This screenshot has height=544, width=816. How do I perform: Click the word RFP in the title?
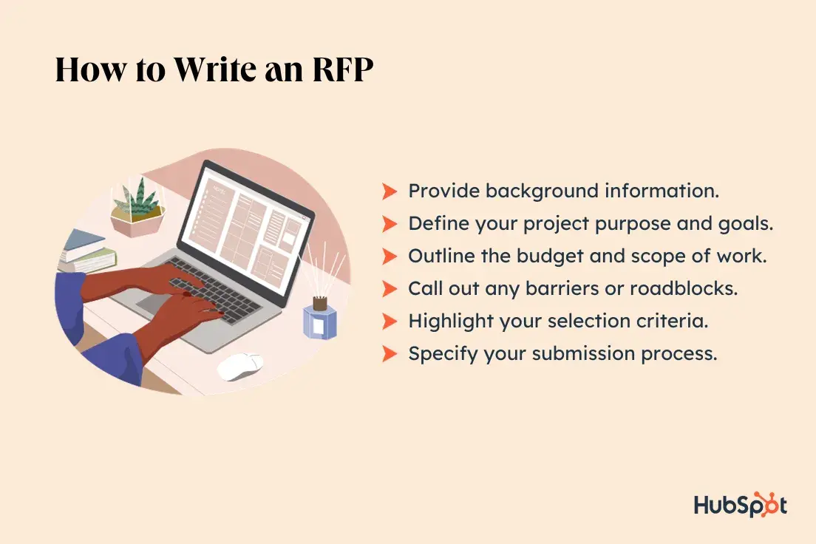pyautogui.click(x=343, y=69)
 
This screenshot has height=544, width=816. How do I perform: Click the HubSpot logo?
pyautogui.click(x=740, y=504)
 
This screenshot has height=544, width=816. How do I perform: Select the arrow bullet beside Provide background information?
pyautogui.click(x=390, y=191)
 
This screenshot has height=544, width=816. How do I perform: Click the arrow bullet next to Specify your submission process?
pyautogui.click(x=390, y=353)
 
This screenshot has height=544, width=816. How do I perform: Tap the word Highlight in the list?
pyautogui.click(x=451, y=322)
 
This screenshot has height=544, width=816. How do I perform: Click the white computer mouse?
pyautogui.click(x=240, y=365)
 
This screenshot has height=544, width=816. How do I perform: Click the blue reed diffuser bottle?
pyautogui.click(x=319, y=318)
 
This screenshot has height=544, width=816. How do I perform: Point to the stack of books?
pyautogui.click(x=86, y=251)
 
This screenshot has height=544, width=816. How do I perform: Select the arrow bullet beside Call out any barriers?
pyautogui.click(x=390, y=288)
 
